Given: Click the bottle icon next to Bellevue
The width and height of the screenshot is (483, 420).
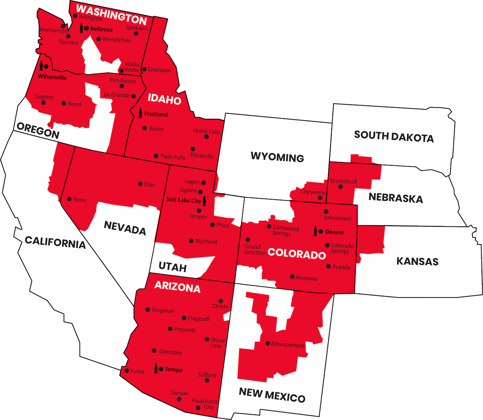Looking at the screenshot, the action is click(81, 28).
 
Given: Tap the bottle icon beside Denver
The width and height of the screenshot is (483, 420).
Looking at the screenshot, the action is click(315, 231).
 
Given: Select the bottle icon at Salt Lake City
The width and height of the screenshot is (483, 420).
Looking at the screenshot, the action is click(204, 201).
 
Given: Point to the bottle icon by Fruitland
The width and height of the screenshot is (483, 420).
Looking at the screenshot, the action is click(140, 113).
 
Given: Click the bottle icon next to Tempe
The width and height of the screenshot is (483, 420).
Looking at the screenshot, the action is click(156, 368).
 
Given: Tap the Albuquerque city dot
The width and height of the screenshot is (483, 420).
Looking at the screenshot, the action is click(268, 343).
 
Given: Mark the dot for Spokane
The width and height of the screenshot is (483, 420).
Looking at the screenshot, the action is click(136, 33).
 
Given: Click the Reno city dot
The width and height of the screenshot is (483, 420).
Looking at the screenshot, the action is click(69, 199).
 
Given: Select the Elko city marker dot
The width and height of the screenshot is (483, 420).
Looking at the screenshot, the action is click(140, 184).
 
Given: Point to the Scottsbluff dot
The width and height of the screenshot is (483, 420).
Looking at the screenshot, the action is click(341, 186).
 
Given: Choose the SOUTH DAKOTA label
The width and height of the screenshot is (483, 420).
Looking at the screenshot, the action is click(394, 136).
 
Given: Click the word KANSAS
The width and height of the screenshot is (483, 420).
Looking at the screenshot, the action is click(417, 261).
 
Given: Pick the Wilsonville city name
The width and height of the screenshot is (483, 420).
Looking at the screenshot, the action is click(52, 78).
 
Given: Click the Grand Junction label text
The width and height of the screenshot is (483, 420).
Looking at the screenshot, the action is click(255, 249).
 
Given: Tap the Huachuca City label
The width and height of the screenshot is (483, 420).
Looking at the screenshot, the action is click(205, 404).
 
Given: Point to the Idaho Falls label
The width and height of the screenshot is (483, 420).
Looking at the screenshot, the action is click(206, 131).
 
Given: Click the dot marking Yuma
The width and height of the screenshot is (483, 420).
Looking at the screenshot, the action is click(127, 371).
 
